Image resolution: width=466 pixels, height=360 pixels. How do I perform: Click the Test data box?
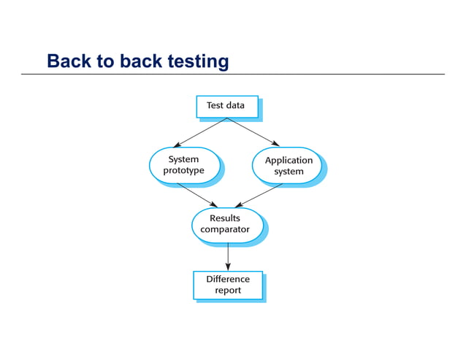click(x=227, y=106)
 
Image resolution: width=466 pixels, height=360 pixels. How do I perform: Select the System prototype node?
click(x=184, y=165)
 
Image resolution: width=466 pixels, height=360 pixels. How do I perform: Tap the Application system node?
click(x=288, y=166)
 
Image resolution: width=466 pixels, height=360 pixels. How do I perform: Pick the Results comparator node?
click(x=226, y=224)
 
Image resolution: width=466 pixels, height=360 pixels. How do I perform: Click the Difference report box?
click(x=227, y=285)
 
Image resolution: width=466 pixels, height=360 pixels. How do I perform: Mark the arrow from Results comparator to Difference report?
click(x=228, y=256)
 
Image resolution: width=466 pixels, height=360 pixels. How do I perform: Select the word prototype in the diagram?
click(x=183, y=171)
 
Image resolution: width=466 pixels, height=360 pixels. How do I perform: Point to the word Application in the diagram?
click(x=289, y=160)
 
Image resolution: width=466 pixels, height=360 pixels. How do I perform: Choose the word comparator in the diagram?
click(x=225, y=229)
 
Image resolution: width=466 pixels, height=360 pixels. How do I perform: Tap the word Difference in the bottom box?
click(x=227, y=279)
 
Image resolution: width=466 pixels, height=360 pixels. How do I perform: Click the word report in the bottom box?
click(x=227, y=291)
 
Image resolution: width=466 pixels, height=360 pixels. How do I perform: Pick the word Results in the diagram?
click(x=225, y=218)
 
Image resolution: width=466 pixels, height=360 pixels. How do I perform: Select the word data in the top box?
click(x=235, y=105)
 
